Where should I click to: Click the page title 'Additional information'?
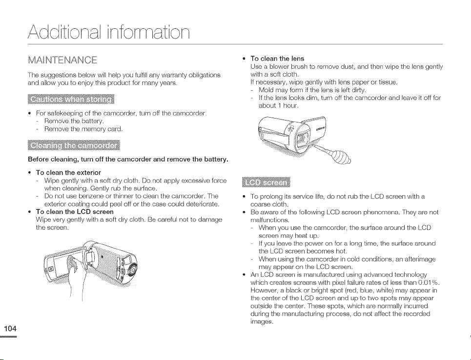pyautogui.click(x=109, y=32)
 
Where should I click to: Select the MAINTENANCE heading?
pyautogui.click(x=62, y=60)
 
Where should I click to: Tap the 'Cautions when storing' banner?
pyautogui.click(x=71, y=99)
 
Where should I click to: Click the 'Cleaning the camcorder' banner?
pyautogui.click(x=74, y=145)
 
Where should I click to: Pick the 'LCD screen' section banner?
pyautogui.click(x=266, y=182)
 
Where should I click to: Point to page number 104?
pyautogui.click(x=10, y=328)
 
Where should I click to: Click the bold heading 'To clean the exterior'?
pyautogui.click(x=68, y=173)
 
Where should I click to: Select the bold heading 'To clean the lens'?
pyautogui.click(x=277, y=59)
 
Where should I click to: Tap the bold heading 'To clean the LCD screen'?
pyautogui.click(x=75, y=212)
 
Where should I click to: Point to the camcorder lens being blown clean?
pyautogui.click(x=302, y=138)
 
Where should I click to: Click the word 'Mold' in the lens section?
pyautogui.click(x=265, y=90)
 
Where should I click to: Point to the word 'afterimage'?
pyautogui.click(x=420, y=259)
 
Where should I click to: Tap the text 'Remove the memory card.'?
pyautogui.click(x=84, y=129)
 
